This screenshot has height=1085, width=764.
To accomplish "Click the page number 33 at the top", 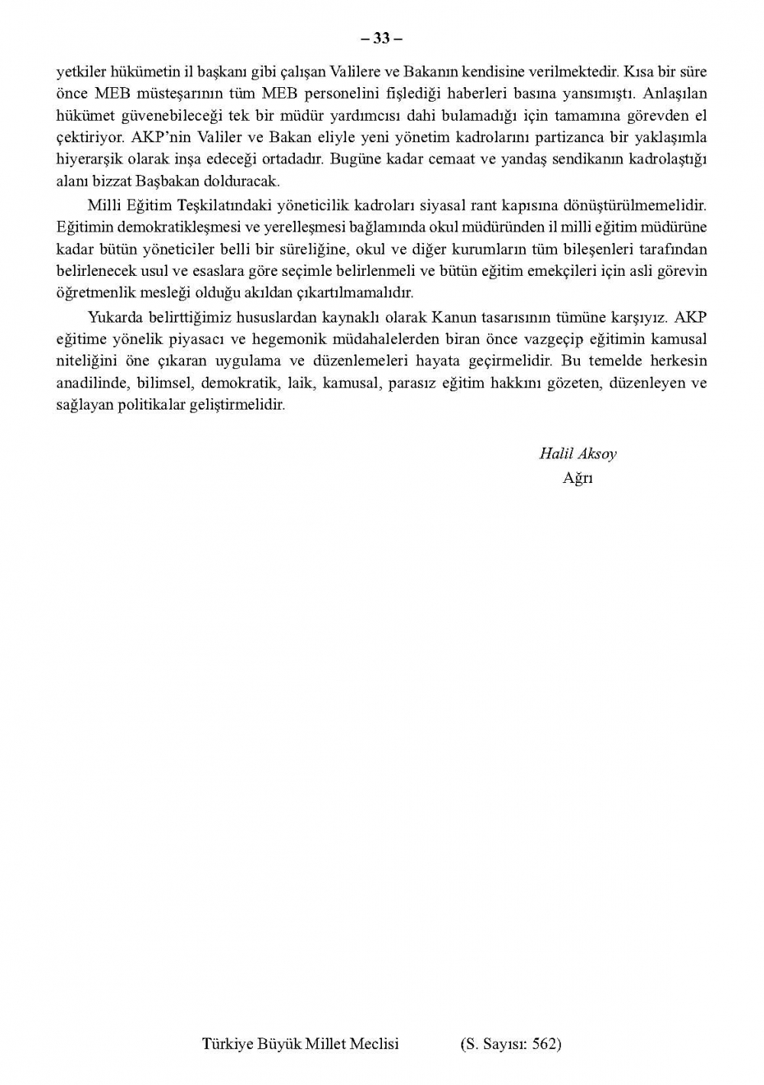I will (382, 38).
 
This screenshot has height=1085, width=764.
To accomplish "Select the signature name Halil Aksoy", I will (578, 453).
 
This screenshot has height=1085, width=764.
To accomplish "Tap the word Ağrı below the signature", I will (578, 478).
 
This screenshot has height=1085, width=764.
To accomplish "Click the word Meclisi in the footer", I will (374, 1044).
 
